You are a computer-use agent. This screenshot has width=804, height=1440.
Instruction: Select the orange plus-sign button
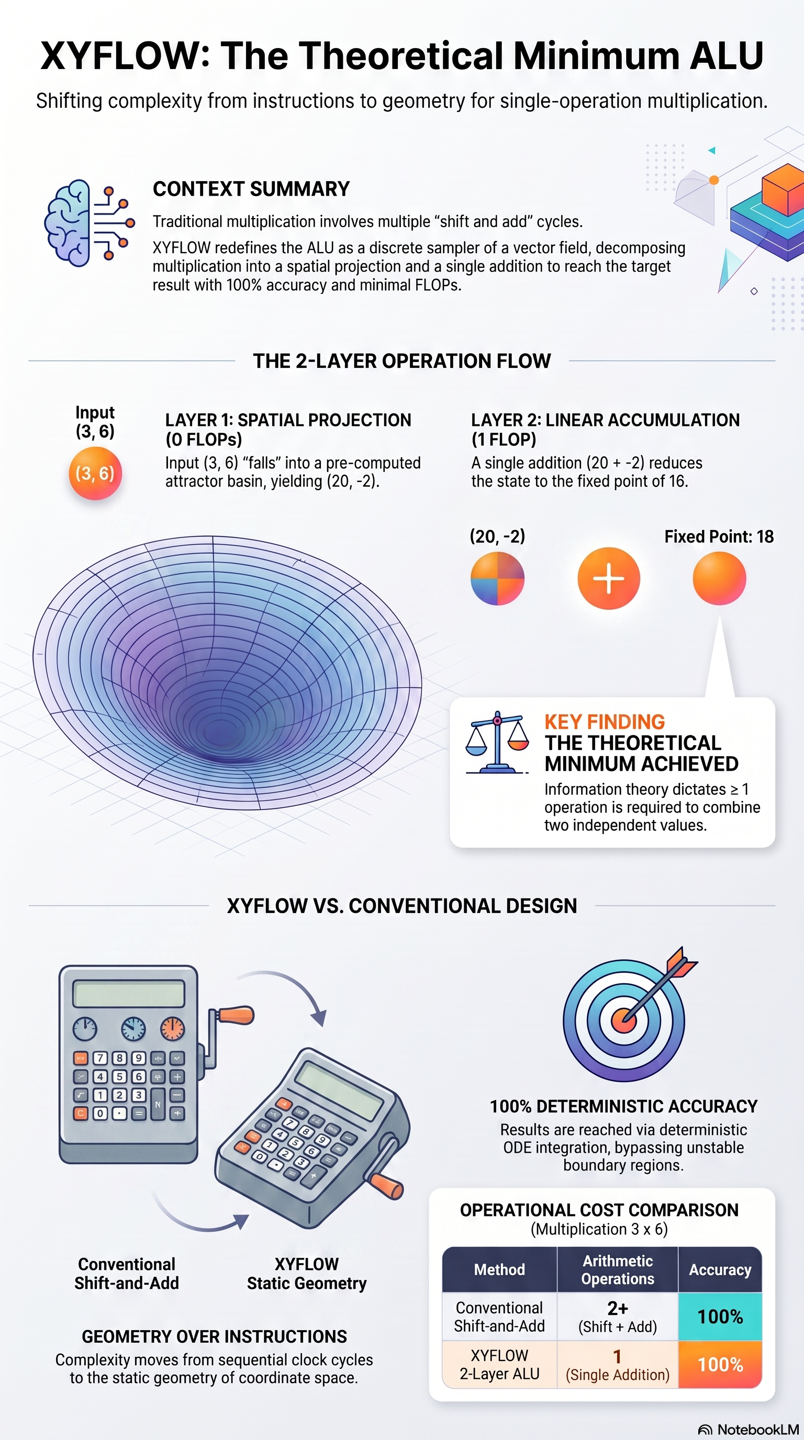coord(608,578)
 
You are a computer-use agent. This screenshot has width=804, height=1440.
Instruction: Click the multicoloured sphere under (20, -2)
coord(497,578)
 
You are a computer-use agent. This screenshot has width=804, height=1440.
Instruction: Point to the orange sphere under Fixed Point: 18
coord(719,578)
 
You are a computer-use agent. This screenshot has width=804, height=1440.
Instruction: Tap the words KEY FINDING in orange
coord(605,722)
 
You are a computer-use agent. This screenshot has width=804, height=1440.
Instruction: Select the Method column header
coord(499,1269)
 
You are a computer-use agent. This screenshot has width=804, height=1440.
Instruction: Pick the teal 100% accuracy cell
coord(720,1317)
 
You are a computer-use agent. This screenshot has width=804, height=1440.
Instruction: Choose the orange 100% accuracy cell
coord(720,1365)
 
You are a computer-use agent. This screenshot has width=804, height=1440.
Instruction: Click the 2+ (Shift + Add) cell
coord(617,1317)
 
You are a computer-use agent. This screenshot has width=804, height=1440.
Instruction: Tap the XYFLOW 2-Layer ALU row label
coord(499,1365)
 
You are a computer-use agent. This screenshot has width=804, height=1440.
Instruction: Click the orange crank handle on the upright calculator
coord(236,1015)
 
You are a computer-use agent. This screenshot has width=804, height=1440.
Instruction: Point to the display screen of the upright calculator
coord(129,993)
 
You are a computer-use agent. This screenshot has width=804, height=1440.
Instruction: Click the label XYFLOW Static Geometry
coord(306,1274)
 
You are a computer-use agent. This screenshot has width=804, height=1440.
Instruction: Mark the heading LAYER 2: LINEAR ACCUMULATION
coord(605,420)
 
